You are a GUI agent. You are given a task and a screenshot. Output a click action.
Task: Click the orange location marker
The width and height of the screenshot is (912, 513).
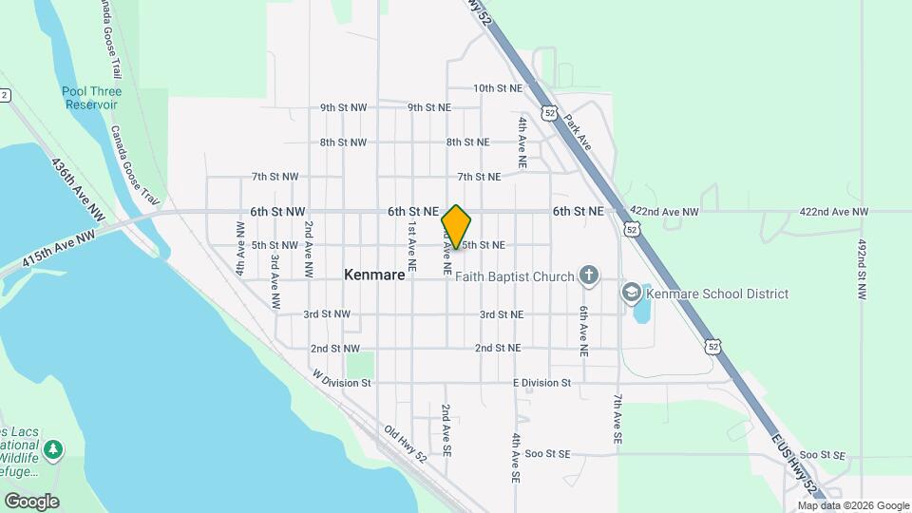pos(456,227)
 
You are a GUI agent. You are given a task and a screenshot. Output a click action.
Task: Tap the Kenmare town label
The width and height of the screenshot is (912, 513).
pos(374,275)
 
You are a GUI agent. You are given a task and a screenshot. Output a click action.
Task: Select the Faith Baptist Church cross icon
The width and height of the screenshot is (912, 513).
pos(589,276)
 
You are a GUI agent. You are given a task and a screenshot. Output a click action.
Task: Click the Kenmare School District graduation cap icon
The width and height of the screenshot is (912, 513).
pos(632,294)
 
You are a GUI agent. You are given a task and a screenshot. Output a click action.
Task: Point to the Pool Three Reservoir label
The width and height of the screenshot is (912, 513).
pos(91,98)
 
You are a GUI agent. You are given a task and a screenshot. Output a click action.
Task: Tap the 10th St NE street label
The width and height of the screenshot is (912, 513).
pos(498,88)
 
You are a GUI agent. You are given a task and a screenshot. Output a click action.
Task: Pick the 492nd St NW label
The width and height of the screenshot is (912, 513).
pos(862,271)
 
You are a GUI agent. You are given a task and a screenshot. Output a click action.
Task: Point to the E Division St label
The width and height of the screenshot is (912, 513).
pos(541,383)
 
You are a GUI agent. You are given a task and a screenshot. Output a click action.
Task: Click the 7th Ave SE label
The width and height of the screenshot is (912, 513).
pos(617,420)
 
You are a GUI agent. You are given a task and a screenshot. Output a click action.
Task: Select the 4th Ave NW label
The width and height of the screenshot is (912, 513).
pos(240,248)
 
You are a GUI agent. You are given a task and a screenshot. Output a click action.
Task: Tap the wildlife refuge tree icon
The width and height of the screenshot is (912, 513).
pos(54,447)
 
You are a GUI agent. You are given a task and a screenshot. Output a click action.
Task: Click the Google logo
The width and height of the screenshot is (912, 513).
pos(30,501)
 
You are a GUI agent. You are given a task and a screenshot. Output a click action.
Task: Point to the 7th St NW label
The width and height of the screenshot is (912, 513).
pos(275,177)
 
